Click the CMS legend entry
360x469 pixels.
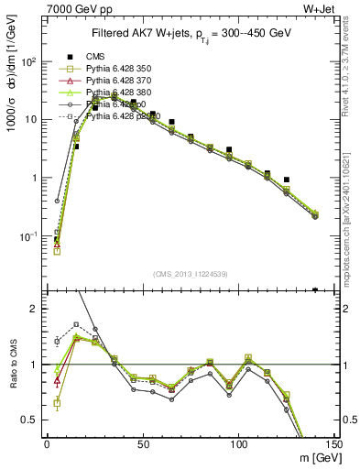93,57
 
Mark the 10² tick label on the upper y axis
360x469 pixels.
29,61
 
